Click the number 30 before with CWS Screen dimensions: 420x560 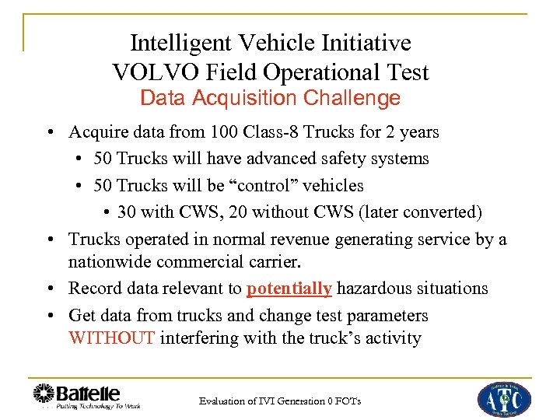pyautogui.click(x=128, y=212)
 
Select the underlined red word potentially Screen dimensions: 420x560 pyautogui.click(x=289, y=289)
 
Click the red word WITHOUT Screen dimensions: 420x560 pyautogui.click(x=112, y=338)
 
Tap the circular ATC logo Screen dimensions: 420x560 pyautogui.click(x=504, y=397)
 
